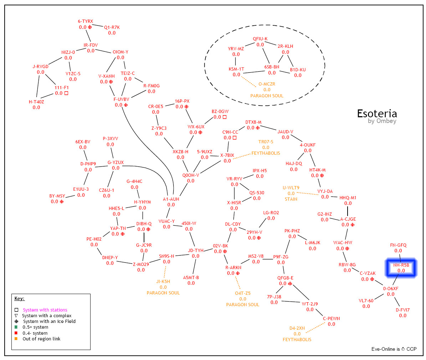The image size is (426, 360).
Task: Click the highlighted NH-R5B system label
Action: pos(401,265)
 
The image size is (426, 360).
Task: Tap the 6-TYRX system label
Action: pos(85,21)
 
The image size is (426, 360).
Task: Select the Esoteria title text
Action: pos(377,114)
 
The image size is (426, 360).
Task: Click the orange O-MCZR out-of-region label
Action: pos(267,84)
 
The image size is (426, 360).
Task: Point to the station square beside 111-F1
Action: pos(66,93)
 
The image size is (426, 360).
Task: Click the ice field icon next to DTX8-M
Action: pos(258,128)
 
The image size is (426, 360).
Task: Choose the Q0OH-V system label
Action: pos(191,175)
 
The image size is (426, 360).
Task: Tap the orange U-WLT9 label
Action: pos(291,188)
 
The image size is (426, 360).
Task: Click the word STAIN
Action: pos(291,199)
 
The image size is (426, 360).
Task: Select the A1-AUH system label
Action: pos(171,199)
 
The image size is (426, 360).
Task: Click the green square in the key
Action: pos(16,327)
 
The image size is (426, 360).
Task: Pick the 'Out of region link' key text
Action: pos(41,339)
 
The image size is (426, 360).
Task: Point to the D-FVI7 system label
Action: pos(402,310)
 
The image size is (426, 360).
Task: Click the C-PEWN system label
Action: pos(331,318)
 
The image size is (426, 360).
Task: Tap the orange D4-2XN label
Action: pos(297,328)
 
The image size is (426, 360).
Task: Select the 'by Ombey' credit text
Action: pos(382,121)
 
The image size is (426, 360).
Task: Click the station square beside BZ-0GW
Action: pos(225,117)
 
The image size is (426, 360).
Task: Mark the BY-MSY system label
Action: pos(57,196)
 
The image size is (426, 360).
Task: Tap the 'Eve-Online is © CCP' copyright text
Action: pos(394,349)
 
